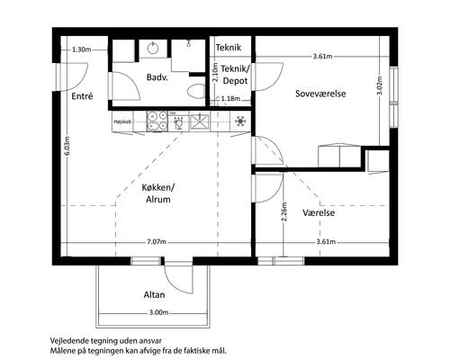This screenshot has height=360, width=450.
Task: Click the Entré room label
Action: [x=82, y=96]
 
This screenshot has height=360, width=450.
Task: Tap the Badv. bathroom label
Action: [x=157, y=77]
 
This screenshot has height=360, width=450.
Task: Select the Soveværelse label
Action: [x=320, y=94]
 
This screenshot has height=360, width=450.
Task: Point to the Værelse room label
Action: [x=319, y=212]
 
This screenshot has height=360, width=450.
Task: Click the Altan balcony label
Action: [x=154, y=294]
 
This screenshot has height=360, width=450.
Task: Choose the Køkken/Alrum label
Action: [x=158, y=193]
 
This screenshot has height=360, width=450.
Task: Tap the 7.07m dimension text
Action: [x=157, y=242]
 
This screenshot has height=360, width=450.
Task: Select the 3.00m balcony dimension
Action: [x=158, y=312]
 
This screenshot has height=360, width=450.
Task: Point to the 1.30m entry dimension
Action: [x=82, y=49]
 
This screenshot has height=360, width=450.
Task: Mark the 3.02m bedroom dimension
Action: [x=380, y=85]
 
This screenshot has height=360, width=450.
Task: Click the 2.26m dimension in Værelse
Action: [x=284, y=211]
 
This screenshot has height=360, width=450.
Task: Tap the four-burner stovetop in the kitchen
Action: [x=157, y=121]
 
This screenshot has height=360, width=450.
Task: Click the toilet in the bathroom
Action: [x=195, y=91]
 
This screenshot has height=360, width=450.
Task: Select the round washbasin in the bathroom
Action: [x=153, y=48]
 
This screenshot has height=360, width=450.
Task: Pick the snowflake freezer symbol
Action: [x=240, y=121]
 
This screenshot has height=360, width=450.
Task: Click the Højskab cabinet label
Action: [x=122, y=121]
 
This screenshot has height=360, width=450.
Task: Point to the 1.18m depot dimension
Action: [x=230, y=98]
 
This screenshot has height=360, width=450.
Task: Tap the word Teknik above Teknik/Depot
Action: [x=229, y=48]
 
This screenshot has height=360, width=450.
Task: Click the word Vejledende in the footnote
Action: [x=66, y=341]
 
